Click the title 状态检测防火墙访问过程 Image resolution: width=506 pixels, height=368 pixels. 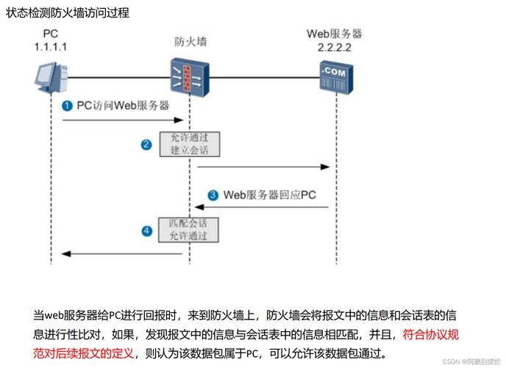click(x=67, y=13)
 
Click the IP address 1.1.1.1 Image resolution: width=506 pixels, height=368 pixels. click(x=51, y=46)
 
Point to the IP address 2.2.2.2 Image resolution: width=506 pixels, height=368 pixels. click(x=335, y=46)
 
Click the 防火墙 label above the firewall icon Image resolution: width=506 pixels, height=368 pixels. click(x=190, y=42)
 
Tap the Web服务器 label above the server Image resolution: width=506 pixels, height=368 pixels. click(x=335, y=34)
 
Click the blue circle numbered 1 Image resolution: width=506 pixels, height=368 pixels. click(x=67, y=106)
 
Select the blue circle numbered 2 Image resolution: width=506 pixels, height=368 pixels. click(x=146, y=144)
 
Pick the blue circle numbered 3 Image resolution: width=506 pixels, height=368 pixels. click(x=213, y=195)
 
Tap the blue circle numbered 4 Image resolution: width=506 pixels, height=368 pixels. click(x=146, y=231)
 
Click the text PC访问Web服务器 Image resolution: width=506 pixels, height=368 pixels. click(x=123, y=106)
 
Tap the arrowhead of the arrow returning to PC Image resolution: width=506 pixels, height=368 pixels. click(x=65, y=254)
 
